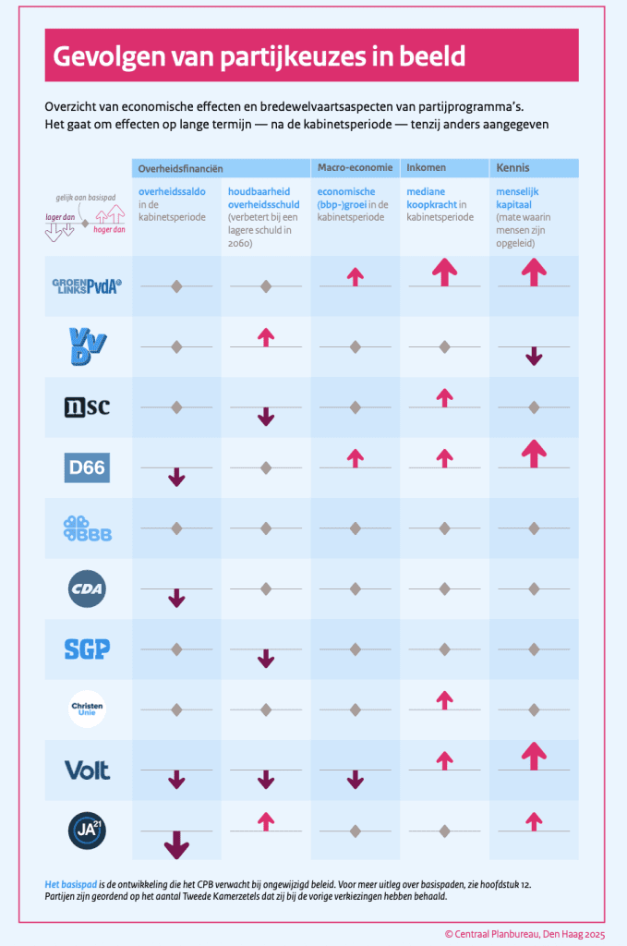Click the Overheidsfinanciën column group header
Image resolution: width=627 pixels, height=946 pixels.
(x=180, y=169)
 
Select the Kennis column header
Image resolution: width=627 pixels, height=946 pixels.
(x=512, y=169)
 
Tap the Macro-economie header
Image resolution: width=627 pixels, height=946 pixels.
(x=352, y=169)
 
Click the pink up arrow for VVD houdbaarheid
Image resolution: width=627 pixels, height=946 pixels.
(x=266, y=337)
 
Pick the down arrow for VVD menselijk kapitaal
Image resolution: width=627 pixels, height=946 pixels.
(x=534, y=357)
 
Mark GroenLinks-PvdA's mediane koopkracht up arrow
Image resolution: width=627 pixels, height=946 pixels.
(x=444, y=272)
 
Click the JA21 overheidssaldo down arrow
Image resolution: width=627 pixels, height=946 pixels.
(x=176, y=844)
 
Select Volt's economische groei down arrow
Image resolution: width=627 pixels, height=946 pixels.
(x=355, y=780)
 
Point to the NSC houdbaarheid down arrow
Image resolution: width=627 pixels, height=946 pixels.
(x=266, y=417)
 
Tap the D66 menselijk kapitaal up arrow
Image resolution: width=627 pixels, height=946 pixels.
(x=534, y=453)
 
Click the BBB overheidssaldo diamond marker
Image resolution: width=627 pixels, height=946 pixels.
(x=176, y=528)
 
